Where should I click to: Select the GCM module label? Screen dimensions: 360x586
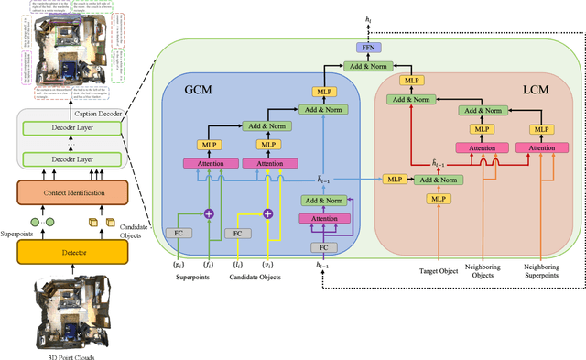tap(201, 91)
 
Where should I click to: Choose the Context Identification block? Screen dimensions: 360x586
tap(73, 194)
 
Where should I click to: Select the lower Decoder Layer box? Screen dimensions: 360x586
tap(73, 160)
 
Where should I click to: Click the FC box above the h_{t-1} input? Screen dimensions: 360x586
tap(322, 247)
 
